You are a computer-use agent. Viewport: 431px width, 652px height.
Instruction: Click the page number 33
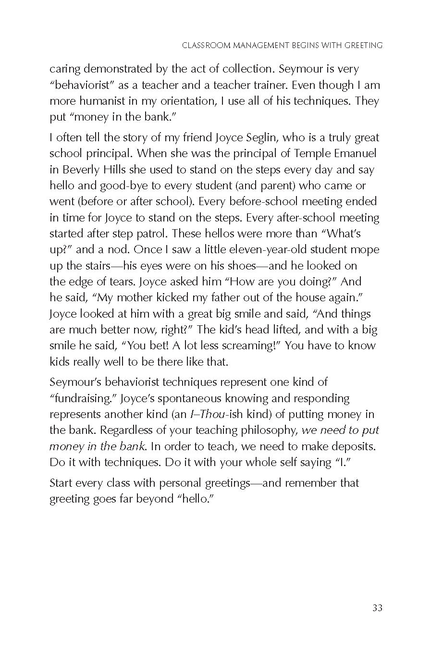pyautogui.click(x=377, y=608)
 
